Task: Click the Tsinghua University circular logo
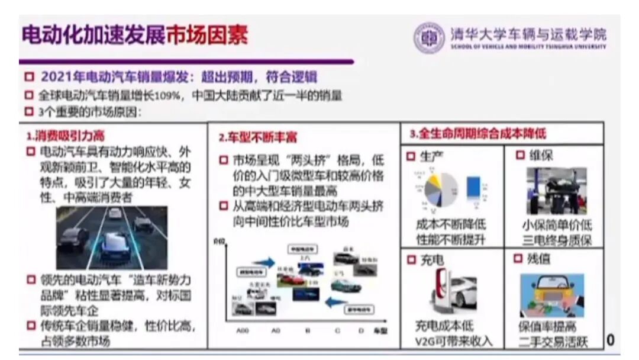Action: [428, 38]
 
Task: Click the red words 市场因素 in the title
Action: [206, 36]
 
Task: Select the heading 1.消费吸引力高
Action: [65, 136]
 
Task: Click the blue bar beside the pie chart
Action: [473, 187]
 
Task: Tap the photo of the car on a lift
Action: [556, 191]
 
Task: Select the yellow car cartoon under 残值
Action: [551, 294]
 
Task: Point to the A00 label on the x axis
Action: [243, 331]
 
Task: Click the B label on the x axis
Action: [307, 331]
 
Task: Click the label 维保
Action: [541, 155]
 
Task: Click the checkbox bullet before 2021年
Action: [28, 78]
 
